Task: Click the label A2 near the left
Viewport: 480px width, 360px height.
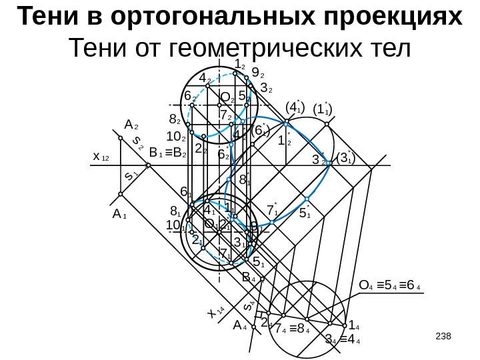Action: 131,125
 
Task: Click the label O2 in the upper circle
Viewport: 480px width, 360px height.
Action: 227,98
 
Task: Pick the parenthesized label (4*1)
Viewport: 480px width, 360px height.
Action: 294,107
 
